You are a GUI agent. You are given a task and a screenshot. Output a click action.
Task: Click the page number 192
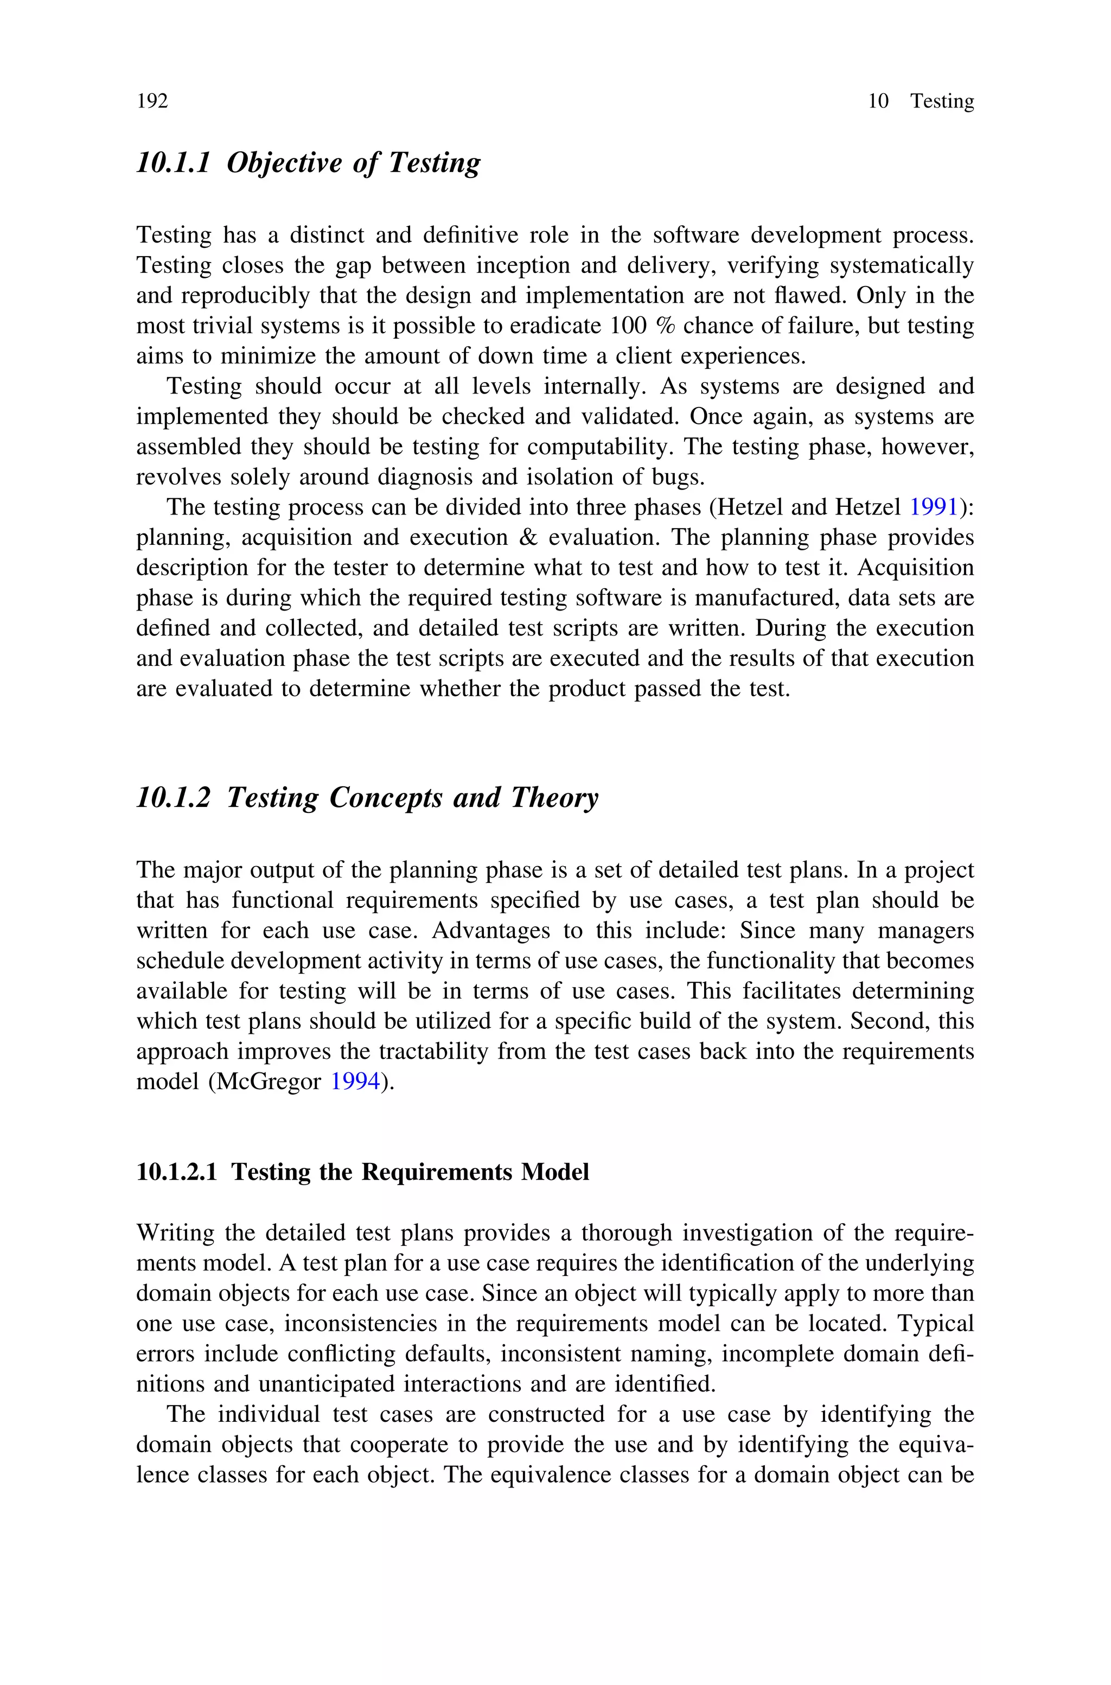(152, 101)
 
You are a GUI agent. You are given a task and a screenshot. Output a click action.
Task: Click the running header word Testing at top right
(942, 101)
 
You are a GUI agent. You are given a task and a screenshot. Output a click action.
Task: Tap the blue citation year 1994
(356, 1082)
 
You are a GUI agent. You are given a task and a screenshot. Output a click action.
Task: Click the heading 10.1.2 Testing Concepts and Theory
(367, 798)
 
